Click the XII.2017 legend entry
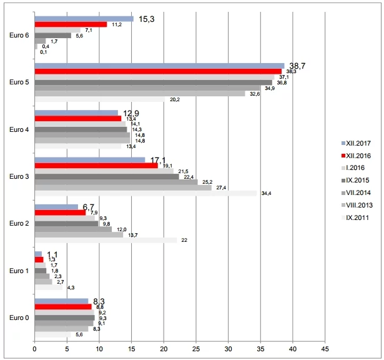[358, 143]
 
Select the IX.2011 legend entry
[358, 217]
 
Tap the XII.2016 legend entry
[358, 156]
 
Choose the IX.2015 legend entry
[358, 181]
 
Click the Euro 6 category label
[19, 36]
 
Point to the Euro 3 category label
[19, 176]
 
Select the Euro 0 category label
[19, 317]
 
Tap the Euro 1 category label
[19, 271]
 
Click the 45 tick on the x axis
[325, 348]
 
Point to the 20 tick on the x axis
[164, 348]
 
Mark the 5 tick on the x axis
[67, 348]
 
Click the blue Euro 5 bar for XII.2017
[159, 65]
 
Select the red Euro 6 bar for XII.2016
[71, 24]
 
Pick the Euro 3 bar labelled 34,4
[145, 193]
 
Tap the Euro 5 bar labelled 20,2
[99, 99]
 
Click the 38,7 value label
[297, 65]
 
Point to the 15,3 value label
[147, 19]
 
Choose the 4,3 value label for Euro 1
[71, 287]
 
